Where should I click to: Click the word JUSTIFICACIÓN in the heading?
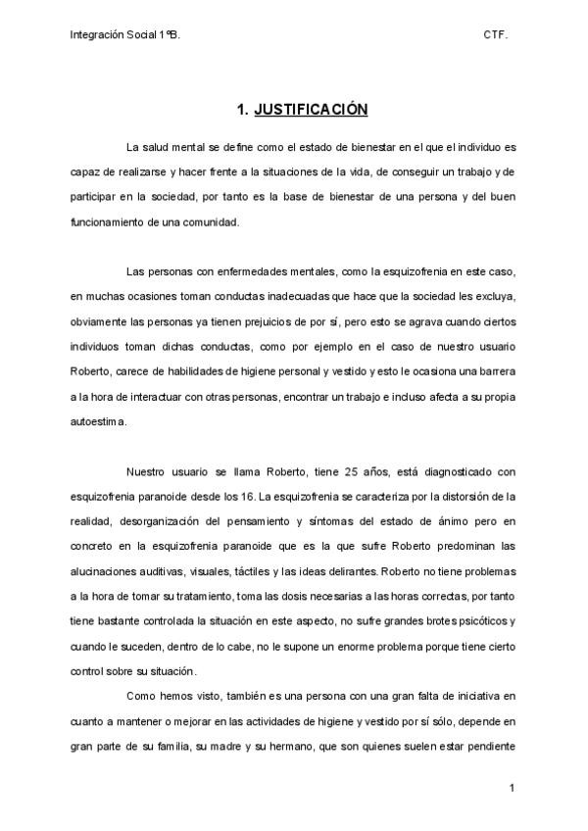(311, 110)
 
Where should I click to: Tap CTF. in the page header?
(495, 33)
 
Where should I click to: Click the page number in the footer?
(513, 787)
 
